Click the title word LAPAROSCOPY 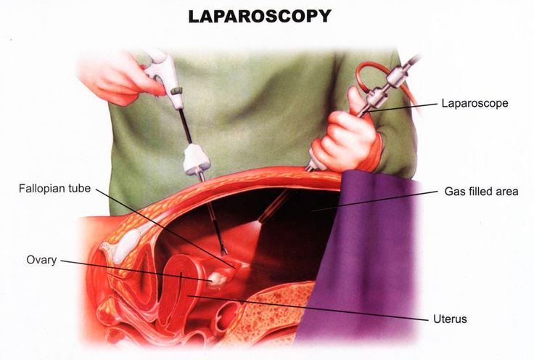(x=260, y=16)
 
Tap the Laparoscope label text (x=475, y=103)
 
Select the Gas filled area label (x=481, y=192)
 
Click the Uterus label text (x=450, y=319)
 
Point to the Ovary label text (x=41, y=261)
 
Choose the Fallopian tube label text (x=54, y=188)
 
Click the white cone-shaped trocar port (x=196, y=158)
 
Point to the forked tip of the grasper (x=223, y=251)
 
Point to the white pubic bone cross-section (x=127, y=245)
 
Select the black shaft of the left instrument (x=185, y=126)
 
